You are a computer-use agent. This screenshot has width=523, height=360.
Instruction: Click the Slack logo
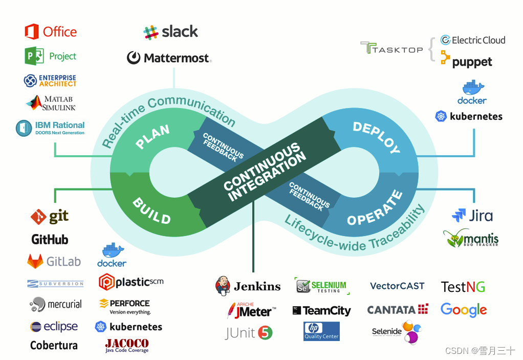click(170, 32)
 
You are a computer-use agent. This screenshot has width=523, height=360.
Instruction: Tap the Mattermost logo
click(169, 58)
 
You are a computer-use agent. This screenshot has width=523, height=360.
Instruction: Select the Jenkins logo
click(248, 286)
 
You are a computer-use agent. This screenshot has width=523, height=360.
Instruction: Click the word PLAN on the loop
click(152, 137)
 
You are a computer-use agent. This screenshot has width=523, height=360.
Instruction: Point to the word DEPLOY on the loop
click(376, 138)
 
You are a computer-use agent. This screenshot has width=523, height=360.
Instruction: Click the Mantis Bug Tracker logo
click(470, 238)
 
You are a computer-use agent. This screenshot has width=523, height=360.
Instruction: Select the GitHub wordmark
click(50, 239)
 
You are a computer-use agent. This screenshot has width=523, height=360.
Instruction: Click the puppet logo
click(466, 61)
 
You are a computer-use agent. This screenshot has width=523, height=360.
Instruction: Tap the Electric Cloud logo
click(472, 40)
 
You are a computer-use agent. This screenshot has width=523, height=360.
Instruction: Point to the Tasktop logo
click(391, 49)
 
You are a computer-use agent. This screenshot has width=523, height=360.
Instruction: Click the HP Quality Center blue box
click(321, 331)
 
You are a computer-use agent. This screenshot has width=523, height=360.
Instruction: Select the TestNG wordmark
click(463, 287)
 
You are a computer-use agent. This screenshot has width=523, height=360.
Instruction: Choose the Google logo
click(463, 310)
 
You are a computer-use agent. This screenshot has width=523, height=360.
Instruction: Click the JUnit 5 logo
click(249, 333)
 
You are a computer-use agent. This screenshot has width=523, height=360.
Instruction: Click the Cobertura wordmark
click(54, 345)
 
